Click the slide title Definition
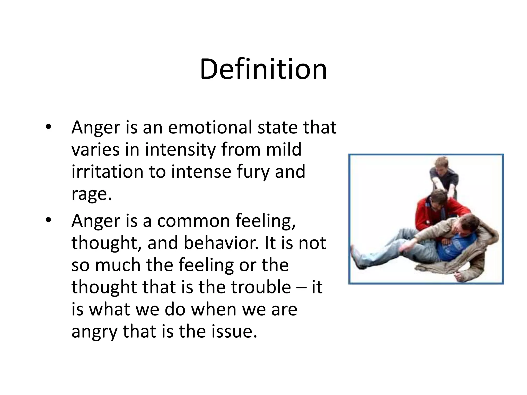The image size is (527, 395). click(x=263, y=70)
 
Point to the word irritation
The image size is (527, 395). click(x=107, y=172)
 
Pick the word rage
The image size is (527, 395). click(x=91, y=194)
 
